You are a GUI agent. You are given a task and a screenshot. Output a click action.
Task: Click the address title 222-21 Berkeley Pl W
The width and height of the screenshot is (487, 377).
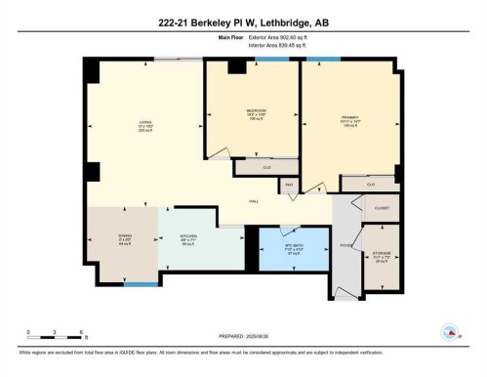[x=243, y=13]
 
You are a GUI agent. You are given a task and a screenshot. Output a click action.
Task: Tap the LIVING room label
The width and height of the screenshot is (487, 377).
[x=144, y=125]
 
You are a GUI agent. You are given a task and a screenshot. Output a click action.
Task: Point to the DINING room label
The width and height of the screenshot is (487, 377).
[x=124, y=238]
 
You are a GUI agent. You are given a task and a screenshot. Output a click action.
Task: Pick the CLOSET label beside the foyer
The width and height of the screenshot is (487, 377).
[x=381, y=207]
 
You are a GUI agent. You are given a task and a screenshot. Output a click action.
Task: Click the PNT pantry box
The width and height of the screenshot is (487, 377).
[x=289, y=185]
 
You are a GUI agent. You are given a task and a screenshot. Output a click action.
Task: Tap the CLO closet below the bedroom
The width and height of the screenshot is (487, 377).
[x=266, y=168]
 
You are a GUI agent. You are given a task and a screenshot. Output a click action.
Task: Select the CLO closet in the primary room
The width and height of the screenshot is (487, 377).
[x=370, y=184]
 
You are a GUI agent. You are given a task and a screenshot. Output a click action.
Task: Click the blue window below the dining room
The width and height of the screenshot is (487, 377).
[x=142, y=284]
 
